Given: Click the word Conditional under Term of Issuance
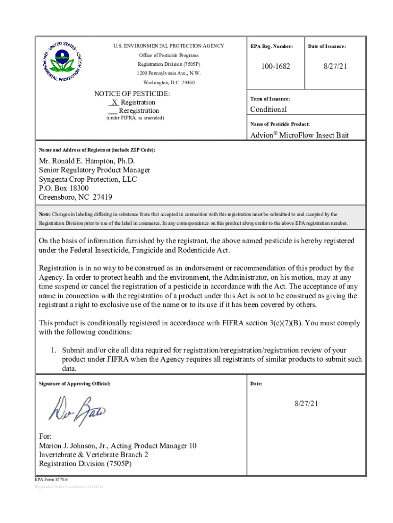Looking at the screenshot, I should click(268, 109).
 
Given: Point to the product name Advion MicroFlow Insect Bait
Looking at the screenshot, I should click(300, 135).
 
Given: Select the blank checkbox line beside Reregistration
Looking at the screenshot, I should click(113, 111).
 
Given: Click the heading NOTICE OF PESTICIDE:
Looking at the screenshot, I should click(132, 94).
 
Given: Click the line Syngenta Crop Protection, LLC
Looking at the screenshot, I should click(88, 179).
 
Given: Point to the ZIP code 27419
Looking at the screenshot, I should click(102, 197).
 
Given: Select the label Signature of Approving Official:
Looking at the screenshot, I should click(74, 383).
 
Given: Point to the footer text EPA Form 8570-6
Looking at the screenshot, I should click(51, 480).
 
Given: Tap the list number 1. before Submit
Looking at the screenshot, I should click(53, 350).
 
